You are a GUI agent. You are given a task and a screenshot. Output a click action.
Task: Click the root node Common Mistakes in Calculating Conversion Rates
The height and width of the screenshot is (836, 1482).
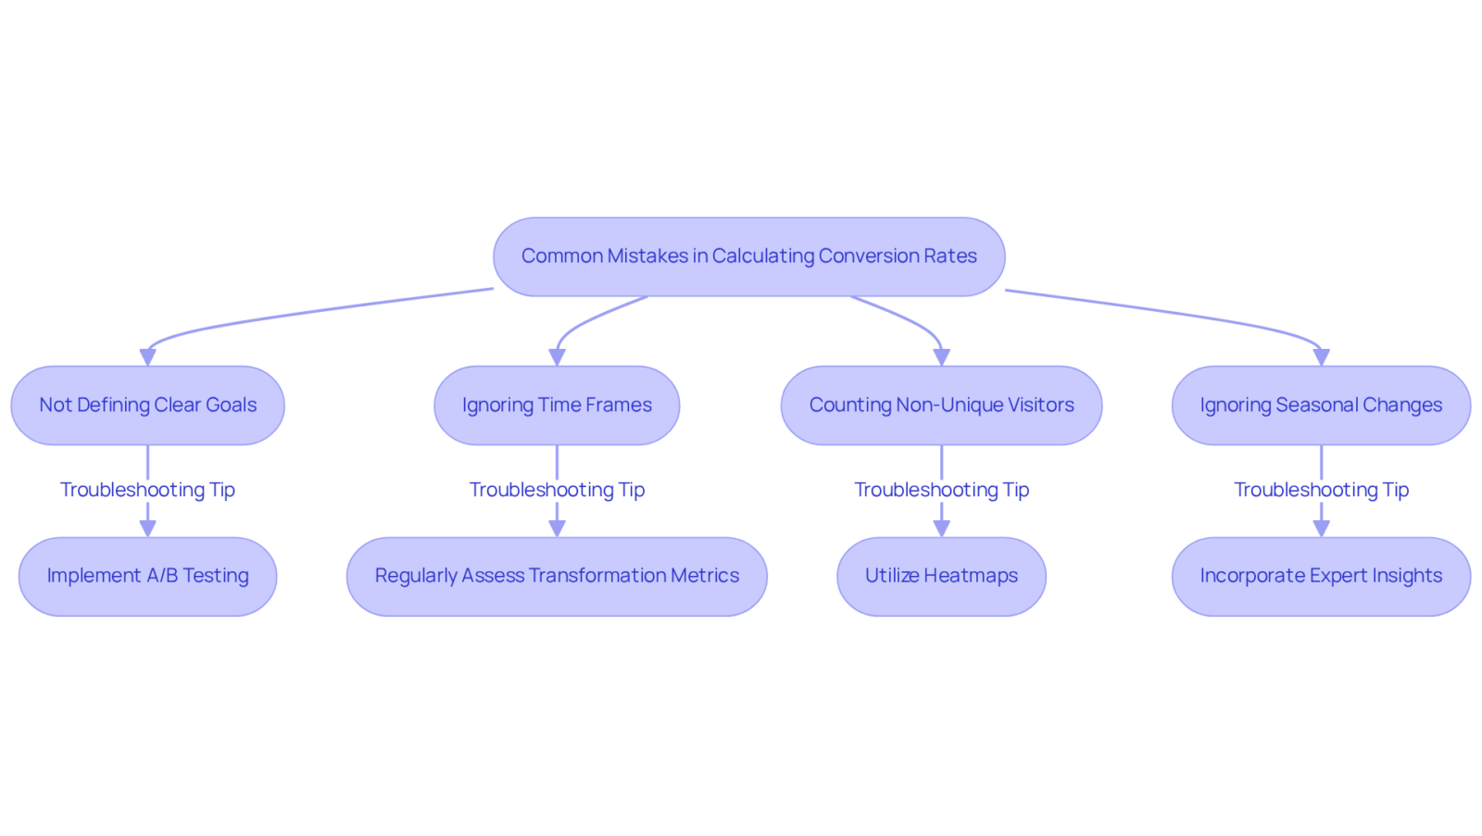tap(749, 256)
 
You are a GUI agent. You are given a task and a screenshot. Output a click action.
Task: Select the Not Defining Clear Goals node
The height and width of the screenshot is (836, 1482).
tap(147, 406)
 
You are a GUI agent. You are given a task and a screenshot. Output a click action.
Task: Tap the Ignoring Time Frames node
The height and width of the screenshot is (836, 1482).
tap(557, 406)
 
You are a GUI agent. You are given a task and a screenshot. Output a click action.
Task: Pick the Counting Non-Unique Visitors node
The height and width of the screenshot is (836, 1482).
tap(941, 406)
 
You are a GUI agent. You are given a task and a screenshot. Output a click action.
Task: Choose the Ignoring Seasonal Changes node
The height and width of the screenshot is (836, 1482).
tap(1321, 406)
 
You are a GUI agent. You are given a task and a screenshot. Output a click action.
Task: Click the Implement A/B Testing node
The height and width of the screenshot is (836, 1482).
tap(147, 577)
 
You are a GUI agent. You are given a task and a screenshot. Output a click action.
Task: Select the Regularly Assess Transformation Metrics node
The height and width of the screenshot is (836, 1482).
tap(557, 577)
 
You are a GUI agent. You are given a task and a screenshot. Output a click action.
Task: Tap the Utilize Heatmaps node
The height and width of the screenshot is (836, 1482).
tap(941, 577)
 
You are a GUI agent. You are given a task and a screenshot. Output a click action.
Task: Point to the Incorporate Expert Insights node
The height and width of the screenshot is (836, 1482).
tap(1321, 577)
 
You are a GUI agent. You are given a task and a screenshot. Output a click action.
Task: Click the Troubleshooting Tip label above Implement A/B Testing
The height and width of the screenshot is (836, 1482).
tap(147, 490)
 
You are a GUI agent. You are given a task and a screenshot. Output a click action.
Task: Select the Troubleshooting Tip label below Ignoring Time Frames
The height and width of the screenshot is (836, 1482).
tap(557, 490)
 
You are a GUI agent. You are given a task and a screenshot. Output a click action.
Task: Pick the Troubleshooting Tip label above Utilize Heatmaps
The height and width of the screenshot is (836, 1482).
tap(941, 490)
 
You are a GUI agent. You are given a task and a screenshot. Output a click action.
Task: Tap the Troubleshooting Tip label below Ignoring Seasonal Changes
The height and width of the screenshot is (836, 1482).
tap(1321, 490)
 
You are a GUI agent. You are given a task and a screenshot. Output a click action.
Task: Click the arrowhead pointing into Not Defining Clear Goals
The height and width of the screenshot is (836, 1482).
tap(147, 357)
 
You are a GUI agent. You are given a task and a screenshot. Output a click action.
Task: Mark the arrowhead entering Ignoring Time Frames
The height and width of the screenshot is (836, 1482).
tap(557, 357)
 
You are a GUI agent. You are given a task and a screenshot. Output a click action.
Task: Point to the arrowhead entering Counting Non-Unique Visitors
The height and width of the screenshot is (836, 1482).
tap(941, 357)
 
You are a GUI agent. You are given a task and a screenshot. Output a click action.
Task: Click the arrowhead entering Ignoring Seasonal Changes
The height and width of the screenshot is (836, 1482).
tap(1321, 357)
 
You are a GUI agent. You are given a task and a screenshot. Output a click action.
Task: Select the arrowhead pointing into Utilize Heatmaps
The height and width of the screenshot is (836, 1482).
tap(941, 530)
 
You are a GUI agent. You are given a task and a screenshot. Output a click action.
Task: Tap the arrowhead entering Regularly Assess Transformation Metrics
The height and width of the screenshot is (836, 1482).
tap(557, 530)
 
